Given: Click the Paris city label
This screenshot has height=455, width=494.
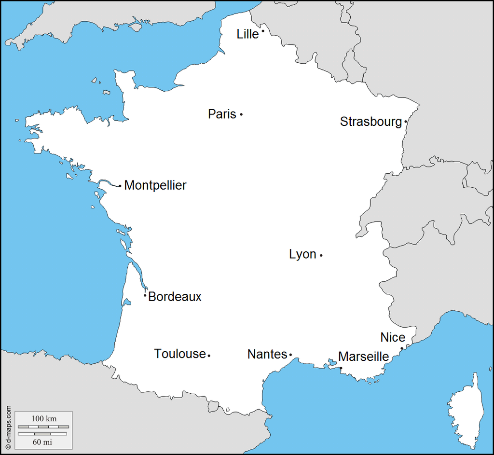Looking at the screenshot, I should pyautogui.click(x=222, y=114).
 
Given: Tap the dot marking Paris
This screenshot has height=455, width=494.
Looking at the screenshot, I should pyautogui.click(x=241, y=114).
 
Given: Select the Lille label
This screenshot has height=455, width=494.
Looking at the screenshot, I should pyautogui.click(x=247, y=34).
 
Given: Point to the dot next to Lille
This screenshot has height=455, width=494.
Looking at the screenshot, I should pyautogui.click(x=263, y=31).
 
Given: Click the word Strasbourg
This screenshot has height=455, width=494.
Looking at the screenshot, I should pyautogui.click(x=370, y=122).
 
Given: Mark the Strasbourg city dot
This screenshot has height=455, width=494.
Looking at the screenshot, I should pyautogui.click(x=406, y=122).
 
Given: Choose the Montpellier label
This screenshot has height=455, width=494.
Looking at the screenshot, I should pyautogui.click(x=155, y=185).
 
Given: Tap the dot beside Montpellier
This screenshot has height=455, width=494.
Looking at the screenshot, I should pyautogui.click(x=120, y=186).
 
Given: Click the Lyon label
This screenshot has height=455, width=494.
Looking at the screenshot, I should pyautogui.click(x=302, y=254).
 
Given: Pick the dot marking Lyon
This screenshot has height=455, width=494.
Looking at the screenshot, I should pyautogui.click(x=321, y=255).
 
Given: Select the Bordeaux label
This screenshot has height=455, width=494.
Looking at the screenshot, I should pyautogui.click(x=175, y=297).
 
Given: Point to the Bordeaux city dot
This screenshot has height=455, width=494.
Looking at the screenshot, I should pyautogui.click(x=145, y=295).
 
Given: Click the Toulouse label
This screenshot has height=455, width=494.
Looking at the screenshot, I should pyautogui.click(x=180, y=354).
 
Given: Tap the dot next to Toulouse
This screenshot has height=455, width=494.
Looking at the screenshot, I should pyautogui.click(x=209, y=356).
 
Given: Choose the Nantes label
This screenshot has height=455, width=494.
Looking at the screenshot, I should pyautogui.click(x=267, y=354).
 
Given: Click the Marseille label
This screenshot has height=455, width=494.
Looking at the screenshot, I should pyautogui.click(x=363, y=357).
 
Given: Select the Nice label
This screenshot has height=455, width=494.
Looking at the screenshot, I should pyautogui.click(x=393, y=337).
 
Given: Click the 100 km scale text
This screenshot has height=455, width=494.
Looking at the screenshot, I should pyautogui.click(x=44, y=418).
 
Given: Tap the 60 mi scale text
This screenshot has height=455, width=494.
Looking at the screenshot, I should pyautogui.click(x=42, y=441).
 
